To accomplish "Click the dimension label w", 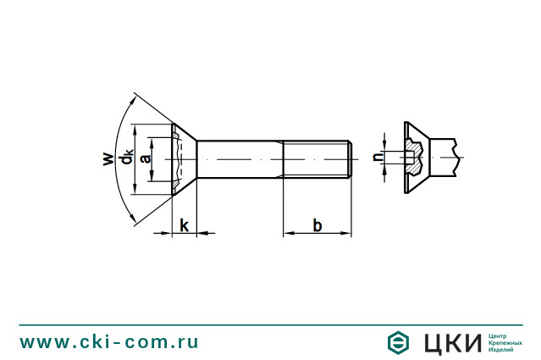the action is [108, 158].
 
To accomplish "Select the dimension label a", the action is [146, 158].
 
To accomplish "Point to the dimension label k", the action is [185, 225].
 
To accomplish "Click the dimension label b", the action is [317, 225].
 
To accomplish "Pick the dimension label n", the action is [378, 157].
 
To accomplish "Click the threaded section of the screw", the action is [317, 159].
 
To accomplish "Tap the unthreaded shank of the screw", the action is [240, 159].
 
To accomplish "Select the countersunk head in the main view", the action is [185, 159].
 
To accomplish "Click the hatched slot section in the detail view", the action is [414, 157].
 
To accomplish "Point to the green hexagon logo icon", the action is [398, 342].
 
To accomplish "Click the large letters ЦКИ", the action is [452, 343].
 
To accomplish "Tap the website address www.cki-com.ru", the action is [109, 342].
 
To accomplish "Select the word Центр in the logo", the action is [498, 336].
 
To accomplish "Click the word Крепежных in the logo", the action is [505, 343].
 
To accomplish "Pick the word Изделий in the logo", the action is [500, 350].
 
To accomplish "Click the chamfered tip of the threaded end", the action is [350, 159].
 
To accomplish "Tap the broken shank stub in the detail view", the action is [444, 158].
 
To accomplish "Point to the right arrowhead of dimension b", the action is [346, 233].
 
